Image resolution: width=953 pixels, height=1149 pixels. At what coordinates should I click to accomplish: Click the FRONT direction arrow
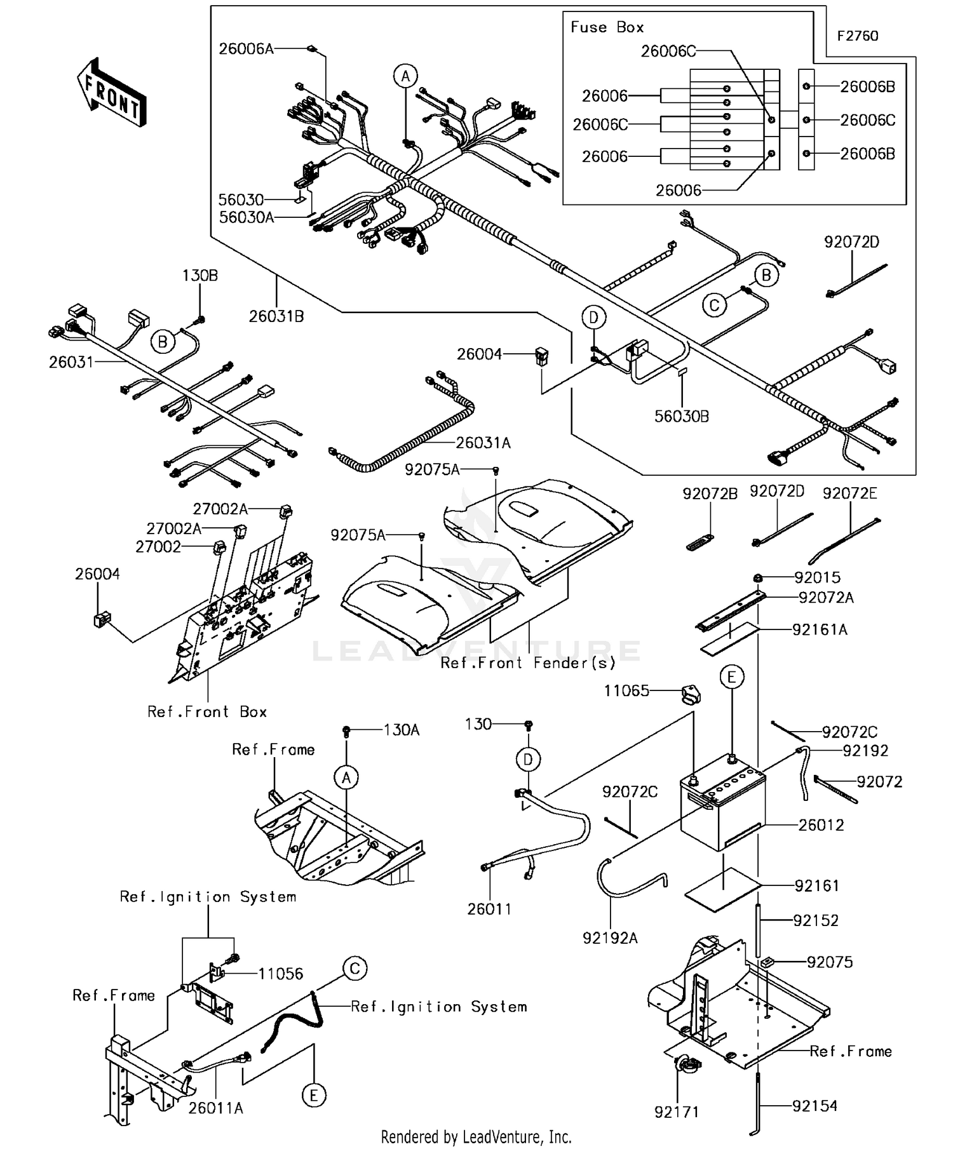click(x=112, y=93)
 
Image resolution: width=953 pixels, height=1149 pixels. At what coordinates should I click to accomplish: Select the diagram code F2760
click(x=857, y=36)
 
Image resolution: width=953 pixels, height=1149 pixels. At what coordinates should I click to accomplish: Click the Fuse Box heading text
click(x=607, y=27)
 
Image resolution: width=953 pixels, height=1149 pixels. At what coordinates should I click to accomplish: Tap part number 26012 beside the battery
click(x=821, y=825)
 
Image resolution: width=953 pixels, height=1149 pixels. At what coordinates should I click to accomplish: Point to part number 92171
click(x=677, y=1112)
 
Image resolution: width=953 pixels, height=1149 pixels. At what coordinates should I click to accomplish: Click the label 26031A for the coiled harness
click(x=483, y=443)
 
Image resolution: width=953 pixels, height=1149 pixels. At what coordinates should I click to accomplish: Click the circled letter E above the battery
click(x=731, y=677)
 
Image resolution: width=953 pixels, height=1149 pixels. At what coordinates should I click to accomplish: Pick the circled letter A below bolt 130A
click(x=346, y=777)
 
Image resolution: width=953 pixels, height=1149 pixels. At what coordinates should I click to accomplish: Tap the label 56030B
click(x=682, y=417)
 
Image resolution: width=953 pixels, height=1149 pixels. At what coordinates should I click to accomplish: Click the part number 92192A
click(x=610, y=937)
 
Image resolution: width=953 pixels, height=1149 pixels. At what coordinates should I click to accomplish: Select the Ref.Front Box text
click(x=207, y=712)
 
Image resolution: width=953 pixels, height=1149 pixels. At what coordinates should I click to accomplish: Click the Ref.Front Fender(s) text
click(x=528, y=663)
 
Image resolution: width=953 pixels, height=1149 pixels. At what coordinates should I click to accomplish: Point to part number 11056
click(x=280, y=974)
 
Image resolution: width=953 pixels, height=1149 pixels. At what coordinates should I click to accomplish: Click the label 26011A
click(x=215, y=1108)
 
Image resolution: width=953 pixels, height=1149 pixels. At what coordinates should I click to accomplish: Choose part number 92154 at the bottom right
click(x=814, y=1106)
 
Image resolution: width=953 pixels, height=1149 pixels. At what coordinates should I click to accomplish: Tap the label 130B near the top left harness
click(x=199, y=276)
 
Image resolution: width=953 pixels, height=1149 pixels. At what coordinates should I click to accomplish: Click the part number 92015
click(x=817, y=577)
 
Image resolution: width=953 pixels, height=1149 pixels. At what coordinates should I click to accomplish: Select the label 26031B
click(x=276, y=316)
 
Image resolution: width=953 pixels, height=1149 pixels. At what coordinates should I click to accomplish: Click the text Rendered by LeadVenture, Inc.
click(x=476, y=1137)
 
